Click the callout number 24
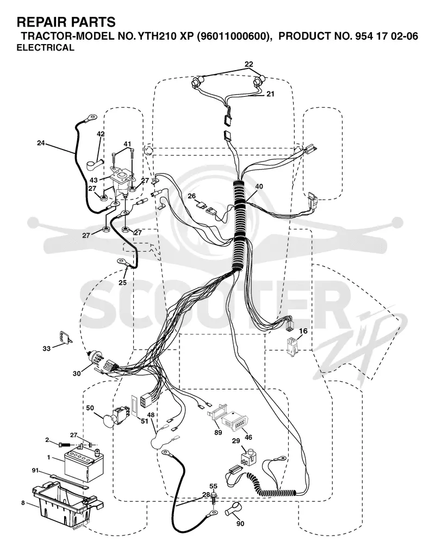tap(41, 143)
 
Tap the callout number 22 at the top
tap(249, 64)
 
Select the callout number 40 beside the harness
tap(259, 186)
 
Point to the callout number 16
tap(303, 331)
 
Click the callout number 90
tap(240, 523)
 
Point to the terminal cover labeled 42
tap(95, 164)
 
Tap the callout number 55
tap(213, 486)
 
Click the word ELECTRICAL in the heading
tap(46, 48)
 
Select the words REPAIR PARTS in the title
tap(66, 22)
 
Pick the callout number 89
tap(218, 432)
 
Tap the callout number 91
tap(36, 470)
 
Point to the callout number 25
tap(122, 282)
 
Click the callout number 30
tap(77, 373)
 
